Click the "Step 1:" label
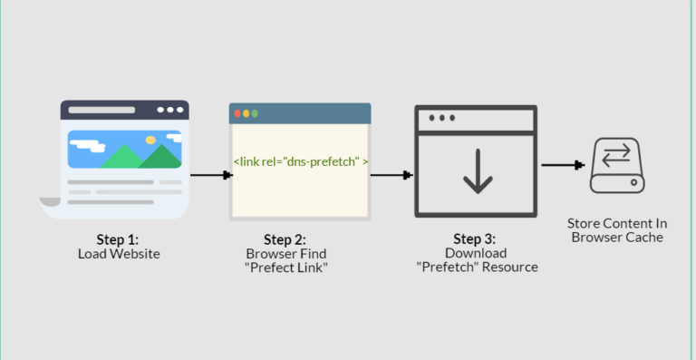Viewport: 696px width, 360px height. (118, 239)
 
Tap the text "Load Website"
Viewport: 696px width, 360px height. (118, 254)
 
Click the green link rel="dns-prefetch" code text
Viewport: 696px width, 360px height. (300, 161)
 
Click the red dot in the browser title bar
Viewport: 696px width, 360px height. (237, 114)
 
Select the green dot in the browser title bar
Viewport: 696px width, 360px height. (256, 114)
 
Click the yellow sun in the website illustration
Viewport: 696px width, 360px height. (150, 141)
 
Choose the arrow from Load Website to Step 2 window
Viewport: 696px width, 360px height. (208, 176)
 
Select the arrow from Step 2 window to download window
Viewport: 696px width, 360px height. (391, 176)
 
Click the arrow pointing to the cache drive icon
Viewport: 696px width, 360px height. (562, 165)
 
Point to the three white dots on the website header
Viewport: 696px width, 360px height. (169, 110)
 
